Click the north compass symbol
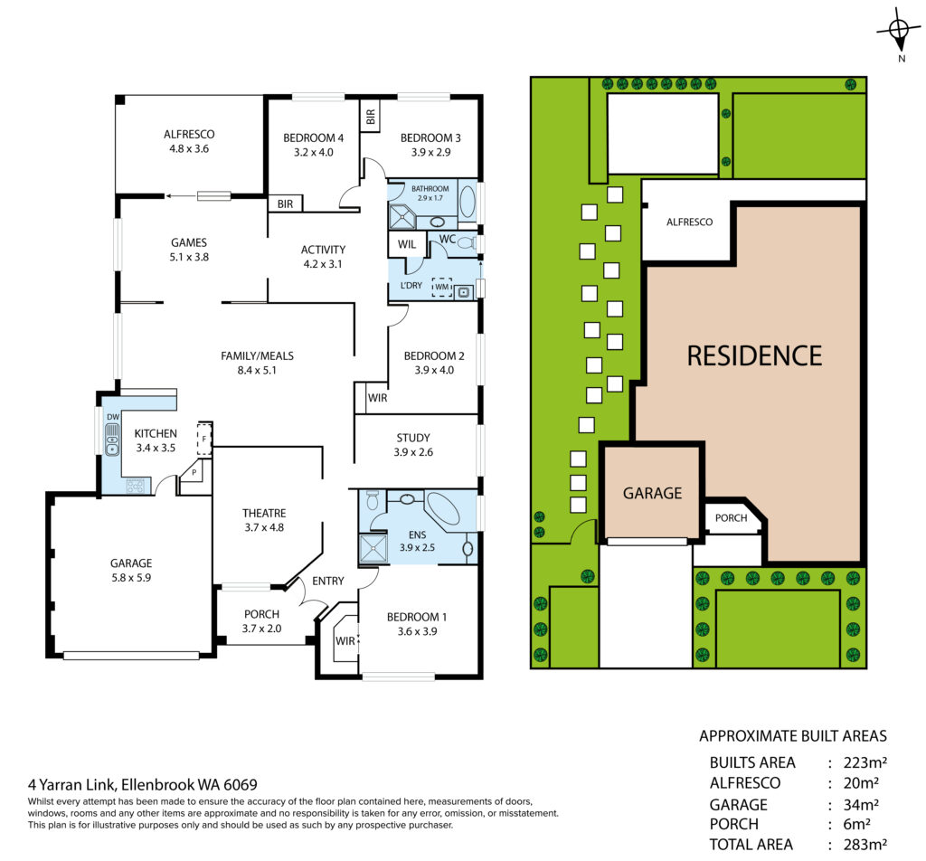[898, 30]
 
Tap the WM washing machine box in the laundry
[441, 287]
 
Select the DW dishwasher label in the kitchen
[113, 417]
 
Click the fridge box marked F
[204, 439]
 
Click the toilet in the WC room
[467, 242]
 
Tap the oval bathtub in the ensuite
[442, 508]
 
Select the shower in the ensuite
[373, 549]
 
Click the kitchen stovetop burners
[136, 486]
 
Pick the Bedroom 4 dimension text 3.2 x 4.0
[314, 152]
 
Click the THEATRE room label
[264, 513]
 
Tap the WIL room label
[406, 244]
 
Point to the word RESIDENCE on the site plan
[754, 356]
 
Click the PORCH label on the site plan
[731, 518]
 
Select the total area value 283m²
[865, 845]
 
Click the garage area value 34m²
[861, 805]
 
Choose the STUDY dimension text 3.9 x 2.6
[413, 452]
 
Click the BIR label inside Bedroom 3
[370, 117]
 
